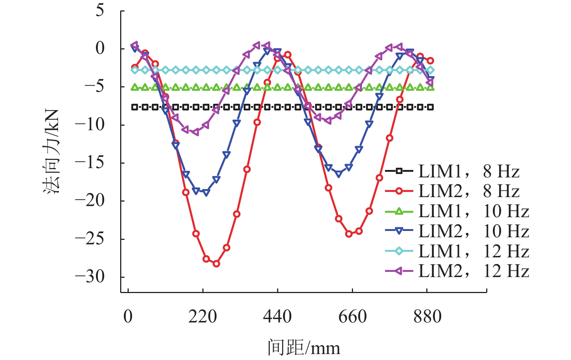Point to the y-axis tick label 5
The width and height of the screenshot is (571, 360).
100,10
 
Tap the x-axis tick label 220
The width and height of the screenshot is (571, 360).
202,317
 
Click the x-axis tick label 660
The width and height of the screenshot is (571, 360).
352,317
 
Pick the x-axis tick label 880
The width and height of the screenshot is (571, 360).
427,317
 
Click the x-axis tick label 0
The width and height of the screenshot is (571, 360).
128,317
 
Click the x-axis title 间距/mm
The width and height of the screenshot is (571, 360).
304,348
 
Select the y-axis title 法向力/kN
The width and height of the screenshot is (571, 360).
52,152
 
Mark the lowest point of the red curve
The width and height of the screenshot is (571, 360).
216,264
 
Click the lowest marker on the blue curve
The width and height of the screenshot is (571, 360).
206,193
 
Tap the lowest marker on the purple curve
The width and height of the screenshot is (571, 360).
196,132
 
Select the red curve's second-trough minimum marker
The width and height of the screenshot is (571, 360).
349,234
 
